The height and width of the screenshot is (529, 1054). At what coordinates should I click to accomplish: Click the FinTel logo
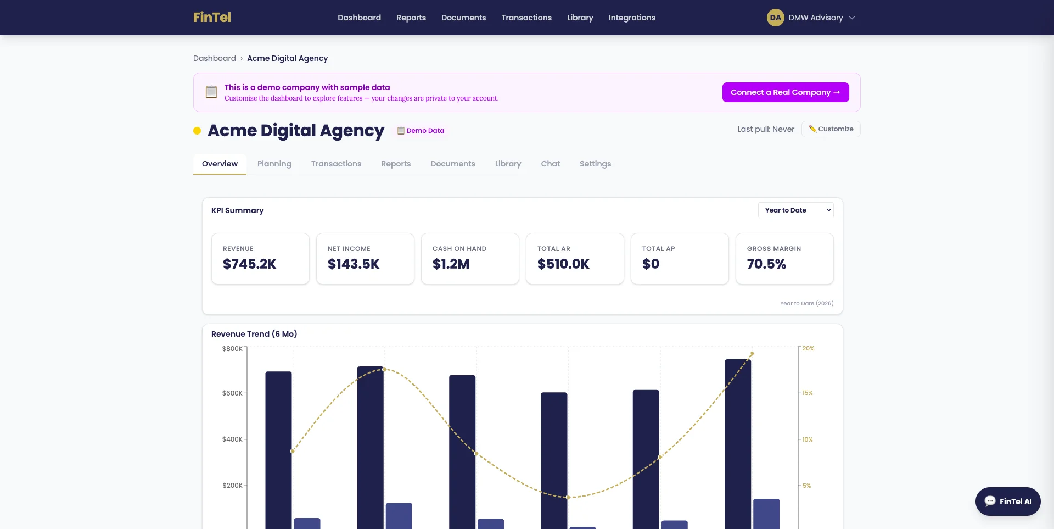(212, 18)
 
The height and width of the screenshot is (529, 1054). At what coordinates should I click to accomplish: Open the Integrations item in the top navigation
(632, 18)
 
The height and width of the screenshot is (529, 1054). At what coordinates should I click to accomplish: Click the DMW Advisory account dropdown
(811, 18)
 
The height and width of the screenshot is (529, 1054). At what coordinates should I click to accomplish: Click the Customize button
(831, 129)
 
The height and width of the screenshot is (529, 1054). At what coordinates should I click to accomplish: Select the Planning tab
(274, 164)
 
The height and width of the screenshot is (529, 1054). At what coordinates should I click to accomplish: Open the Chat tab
(550, 164)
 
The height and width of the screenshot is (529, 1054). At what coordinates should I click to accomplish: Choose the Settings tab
(595, 164)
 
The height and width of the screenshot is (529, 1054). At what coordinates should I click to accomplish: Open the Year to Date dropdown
(795, 210)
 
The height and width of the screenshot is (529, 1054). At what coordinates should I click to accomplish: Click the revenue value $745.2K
(249, 264)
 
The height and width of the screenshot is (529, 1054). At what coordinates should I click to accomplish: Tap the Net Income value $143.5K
(354, 264)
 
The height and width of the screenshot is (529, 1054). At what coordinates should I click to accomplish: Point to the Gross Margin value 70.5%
(766, 264)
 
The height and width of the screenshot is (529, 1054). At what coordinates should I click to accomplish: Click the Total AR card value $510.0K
(563, 264)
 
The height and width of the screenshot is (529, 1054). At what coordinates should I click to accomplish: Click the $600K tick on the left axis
(232, 393)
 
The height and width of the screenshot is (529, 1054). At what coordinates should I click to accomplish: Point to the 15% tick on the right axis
(808, 393)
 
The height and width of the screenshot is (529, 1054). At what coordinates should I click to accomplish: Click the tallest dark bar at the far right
(737, 439)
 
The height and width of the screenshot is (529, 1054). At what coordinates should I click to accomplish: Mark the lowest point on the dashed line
(568, 497)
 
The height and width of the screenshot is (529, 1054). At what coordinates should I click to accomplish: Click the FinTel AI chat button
(1008, 502)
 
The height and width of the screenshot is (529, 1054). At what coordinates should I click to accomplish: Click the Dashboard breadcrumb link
(215, 58)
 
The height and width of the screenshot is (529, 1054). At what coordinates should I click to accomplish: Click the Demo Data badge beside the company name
(421, 131)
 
